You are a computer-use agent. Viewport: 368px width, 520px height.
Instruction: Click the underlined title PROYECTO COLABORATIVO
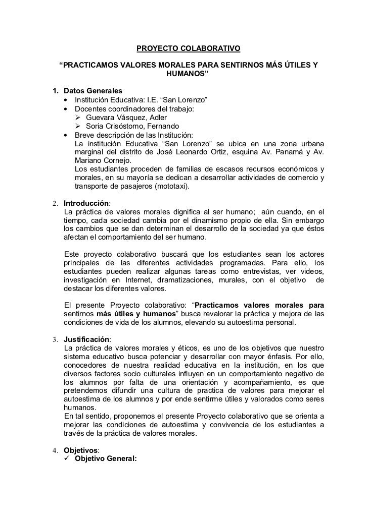pos(189,49)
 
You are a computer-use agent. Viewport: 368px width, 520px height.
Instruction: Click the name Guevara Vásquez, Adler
pos(123,118)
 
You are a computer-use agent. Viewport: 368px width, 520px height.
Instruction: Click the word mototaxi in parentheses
pos(171,187)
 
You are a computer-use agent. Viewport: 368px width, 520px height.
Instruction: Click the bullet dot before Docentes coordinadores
pos(66,108)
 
